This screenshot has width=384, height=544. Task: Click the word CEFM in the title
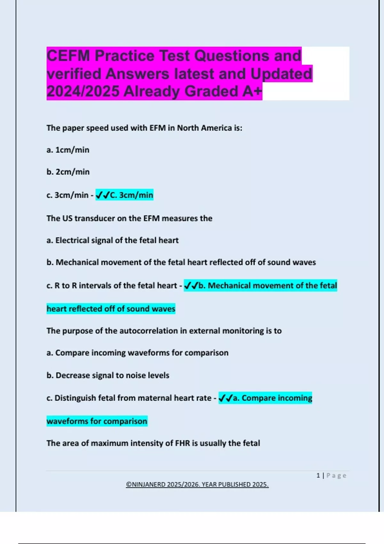coord(68,56)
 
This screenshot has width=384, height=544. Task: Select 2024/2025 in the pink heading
coord(83,92)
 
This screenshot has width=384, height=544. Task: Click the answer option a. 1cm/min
coord(68,150)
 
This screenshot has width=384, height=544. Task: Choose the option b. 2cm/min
coord(68,172)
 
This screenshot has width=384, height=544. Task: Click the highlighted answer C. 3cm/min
coord(132,195)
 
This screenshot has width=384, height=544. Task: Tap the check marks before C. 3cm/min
coord(102,195)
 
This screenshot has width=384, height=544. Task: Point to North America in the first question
coord(204,128)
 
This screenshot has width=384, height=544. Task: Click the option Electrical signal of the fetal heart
coord(117,240)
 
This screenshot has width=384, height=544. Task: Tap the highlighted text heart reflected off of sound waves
coord(111,309)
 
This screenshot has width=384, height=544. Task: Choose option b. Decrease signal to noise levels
coord(108,375)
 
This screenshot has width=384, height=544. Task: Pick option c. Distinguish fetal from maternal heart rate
coord(129,398)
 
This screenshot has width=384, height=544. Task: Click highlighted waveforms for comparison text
coord(97,421)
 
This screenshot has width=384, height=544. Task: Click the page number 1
coord(318,476)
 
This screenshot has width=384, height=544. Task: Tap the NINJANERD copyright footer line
coord(197,484)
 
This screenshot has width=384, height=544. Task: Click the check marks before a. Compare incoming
coord(225,398)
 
